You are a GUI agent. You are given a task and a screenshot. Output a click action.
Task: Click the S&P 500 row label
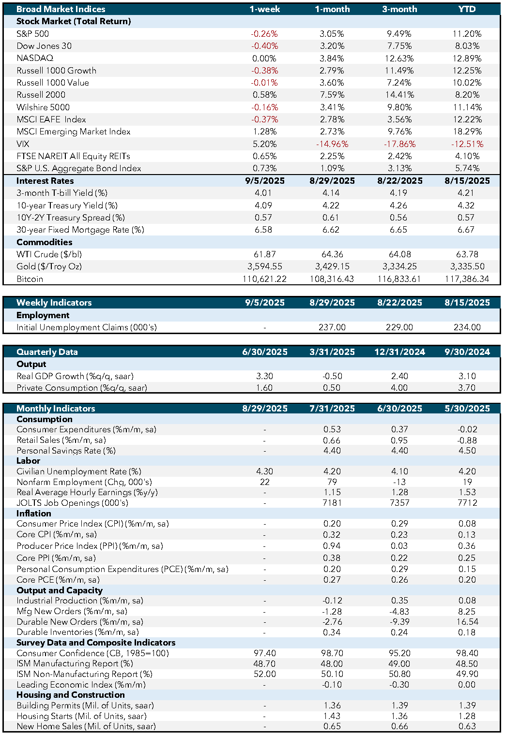(32, 34)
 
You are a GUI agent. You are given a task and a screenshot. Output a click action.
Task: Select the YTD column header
(467, 9)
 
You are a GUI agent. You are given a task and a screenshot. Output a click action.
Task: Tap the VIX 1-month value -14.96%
(332, 144)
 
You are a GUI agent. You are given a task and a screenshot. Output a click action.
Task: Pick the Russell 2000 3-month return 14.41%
(399, 95)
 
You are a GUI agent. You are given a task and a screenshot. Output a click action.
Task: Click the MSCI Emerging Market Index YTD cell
(467, 132)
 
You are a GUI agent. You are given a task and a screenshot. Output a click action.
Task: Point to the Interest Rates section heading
(45, 181)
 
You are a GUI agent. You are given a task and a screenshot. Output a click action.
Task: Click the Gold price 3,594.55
(264, 266)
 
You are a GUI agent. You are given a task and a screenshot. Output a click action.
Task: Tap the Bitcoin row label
(30, 279)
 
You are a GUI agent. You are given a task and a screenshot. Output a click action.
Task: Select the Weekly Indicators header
(54, 302)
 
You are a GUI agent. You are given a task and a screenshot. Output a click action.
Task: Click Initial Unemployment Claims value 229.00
(399, 327)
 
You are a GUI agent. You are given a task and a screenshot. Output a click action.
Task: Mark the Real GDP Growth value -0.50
(332, 376)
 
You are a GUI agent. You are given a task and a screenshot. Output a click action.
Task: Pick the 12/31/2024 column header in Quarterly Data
(399, 352)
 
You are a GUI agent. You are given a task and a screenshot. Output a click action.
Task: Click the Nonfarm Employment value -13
(399, 482)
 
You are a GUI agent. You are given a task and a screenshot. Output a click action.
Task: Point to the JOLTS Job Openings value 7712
(467, 503)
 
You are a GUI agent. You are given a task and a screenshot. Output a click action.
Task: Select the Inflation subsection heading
(33, 513)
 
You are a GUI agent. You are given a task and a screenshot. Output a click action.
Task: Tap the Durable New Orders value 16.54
(467, 622)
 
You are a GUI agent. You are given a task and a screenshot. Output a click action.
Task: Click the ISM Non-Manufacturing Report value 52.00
(264, 674)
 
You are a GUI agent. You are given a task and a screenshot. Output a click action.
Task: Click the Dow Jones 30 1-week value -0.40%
(264, 46)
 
